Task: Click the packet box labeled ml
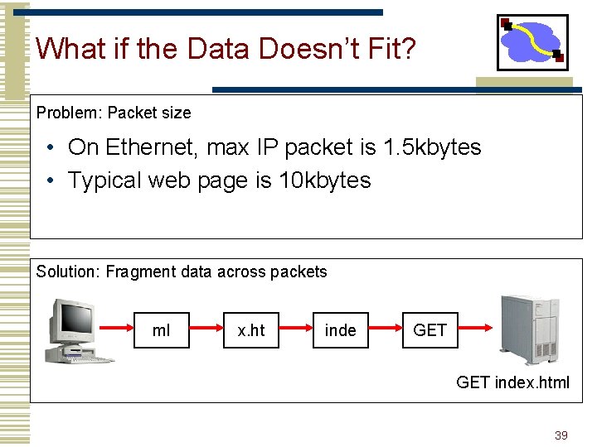tap(162, 330)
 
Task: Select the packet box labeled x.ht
tap(251, 330)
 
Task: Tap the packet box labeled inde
tap(340, 330)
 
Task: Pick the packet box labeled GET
tap(430, 330)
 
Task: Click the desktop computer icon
tap(78, 330)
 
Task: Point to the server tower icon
tap(530, 328)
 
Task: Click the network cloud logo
tap(532, 42)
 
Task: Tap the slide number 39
tap(561, 435)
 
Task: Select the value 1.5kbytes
tap(432, 147)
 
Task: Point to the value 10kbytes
tap(324, 180)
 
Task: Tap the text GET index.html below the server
tap(512, 382)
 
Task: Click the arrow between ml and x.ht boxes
tap(207, 330)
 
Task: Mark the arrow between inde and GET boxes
tap(386, 330)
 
